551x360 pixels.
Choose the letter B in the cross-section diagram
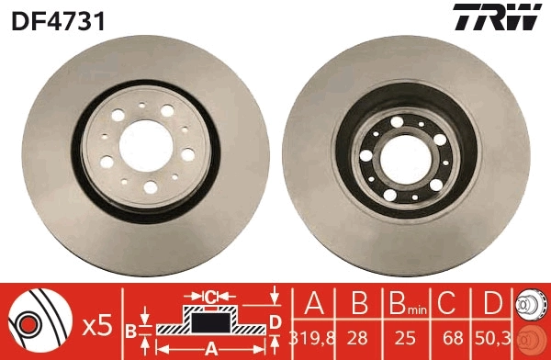click(131, 329)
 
